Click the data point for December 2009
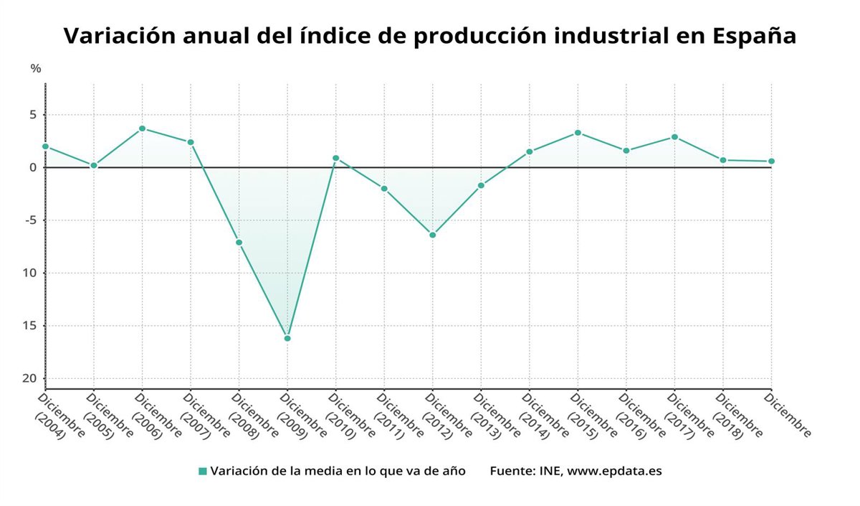point(287,338)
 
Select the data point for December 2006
point(142,128)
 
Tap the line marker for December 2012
point(433,235)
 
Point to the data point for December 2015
point(578,133)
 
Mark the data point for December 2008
point(239,243)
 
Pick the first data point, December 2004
point(45,146)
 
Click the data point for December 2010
point(335,158)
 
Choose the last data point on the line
point(771,161)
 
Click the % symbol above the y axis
point(36,69)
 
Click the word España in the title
point(754,36)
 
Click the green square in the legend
point(203,472)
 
